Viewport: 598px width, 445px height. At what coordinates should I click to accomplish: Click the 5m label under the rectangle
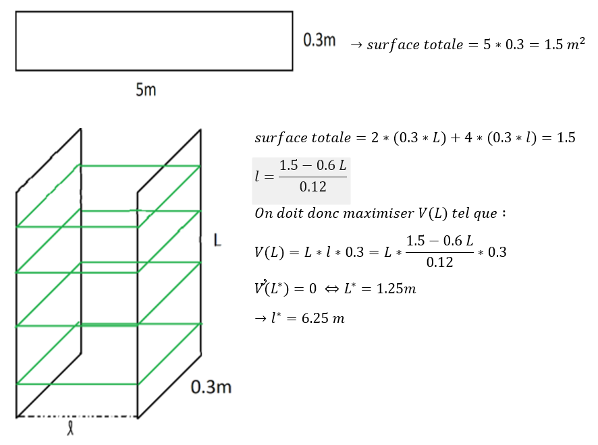(x=146, y=89)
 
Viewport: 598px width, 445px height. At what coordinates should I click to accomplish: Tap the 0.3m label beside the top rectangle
(x=320, y=40)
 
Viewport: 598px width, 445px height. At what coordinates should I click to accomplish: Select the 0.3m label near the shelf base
(x=211, y=387)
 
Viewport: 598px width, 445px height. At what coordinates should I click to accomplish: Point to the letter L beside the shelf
(x=217, y=241)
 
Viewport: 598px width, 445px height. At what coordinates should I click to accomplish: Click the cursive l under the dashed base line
(x=71, y=429)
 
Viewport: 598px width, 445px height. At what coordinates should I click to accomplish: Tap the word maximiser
(x=366, y=214)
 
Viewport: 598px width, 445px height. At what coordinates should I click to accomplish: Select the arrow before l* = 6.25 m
(x=260, y=318)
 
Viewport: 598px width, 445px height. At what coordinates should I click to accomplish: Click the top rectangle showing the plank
(x=154, y=40)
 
